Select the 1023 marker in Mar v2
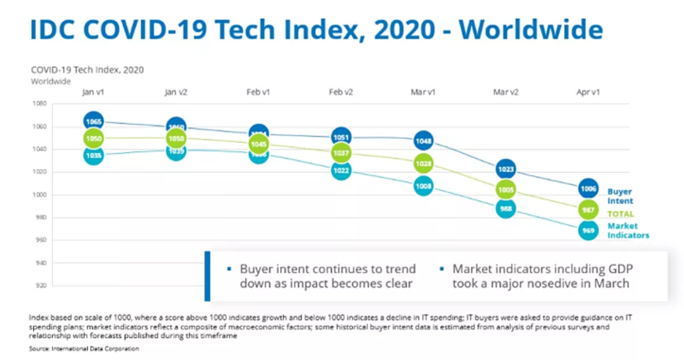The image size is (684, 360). pyautogui.click(x=506, y=169)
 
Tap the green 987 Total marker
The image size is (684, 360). pyautogui.click(x=588, y=210)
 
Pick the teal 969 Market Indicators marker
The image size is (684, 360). pyautogui.click(x=588, y=231)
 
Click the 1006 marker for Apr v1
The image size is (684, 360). pyautogui.click(x=588, y=189)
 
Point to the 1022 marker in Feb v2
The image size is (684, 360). pyautogui.click(x=341, y=170)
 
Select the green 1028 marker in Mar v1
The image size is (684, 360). pyautogui.click(x=424, y=164)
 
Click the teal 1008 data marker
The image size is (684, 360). pyautogui.click(x=424, y=186)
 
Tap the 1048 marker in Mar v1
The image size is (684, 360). pyautogui.click(x=424, y=141)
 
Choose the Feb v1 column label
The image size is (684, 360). pyautogui.click(x=258, y=92)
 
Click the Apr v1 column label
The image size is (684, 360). pyautogui.click(x=588, y=92)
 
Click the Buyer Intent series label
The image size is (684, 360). pyautogui.click(x=620, y=197)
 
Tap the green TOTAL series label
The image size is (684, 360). pyautogui.click(x=621, y=214)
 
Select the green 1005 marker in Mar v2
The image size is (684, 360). pyautogui.click(x=506, y=190)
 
